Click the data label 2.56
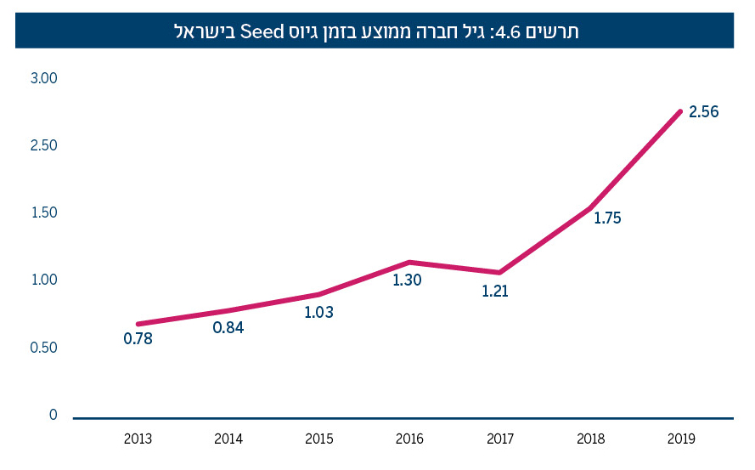704,112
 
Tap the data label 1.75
607,218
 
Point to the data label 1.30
407,280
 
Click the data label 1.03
318,312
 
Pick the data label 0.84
228,327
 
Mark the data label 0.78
138,338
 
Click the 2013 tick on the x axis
138,439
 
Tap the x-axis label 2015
318,439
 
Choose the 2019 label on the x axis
681,439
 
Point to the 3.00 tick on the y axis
43,78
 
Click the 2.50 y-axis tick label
43,145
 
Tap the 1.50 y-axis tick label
43,212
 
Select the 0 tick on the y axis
53,415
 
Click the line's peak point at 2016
409,262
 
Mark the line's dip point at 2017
499,273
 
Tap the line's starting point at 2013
138,324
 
